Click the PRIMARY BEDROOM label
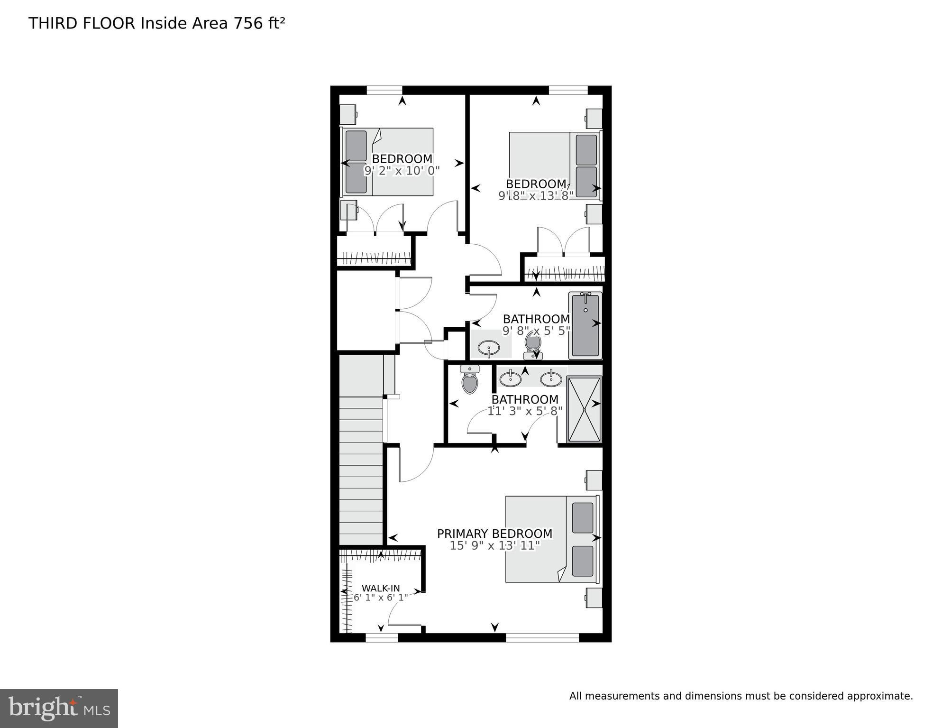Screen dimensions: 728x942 tap(494, 534)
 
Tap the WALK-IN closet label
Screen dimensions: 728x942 tap(381, 589)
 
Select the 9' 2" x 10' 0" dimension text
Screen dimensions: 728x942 tap(402, 171)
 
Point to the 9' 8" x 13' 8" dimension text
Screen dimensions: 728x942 tap(536, 195)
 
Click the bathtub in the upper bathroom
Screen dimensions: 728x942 tap(585, 325)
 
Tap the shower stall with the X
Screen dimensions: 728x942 tap(584, 409)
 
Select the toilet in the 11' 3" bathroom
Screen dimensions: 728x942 tap(469, 381)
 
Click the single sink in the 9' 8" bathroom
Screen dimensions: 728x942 tap(488, 350)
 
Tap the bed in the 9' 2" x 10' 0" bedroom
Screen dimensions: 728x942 tap(388, 162)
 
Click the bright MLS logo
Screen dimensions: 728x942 tap(59, 709)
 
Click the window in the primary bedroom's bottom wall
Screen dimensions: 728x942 tap(542, 637)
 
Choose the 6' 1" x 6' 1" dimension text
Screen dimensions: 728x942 tap(381, 598)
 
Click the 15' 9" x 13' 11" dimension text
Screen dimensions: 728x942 tap(494, 546)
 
